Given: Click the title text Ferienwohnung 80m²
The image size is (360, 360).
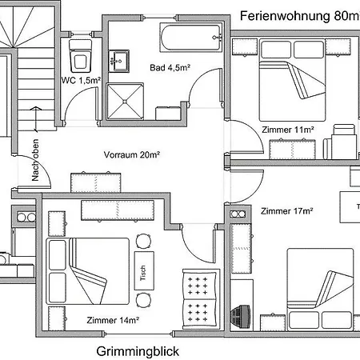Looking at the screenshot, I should tap(300, 15).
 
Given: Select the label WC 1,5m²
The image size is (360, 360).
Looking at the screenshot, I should tap(81, 81).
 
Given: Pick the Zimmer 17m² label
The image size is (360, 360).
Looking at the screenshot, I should tap(286, 211).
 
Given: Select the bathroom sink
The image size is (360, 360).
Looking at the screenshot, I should tap(121, 58).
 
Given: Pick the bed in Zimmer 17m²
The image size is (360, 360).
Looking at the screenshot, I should tap(320, 287).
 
